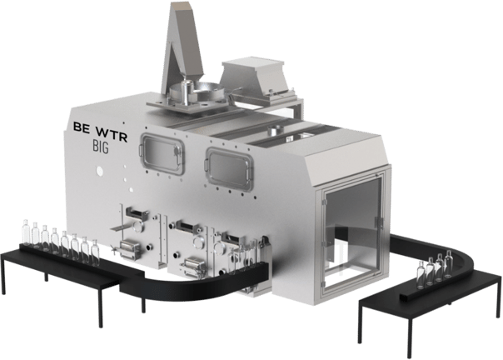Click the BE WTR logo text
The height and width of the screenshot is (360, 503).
(x=101, y=132)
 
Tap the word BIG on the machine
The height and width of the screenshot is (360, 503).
(x=101, y=147)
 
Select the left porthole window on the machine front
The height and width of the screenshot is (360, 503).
(x=162, y=154)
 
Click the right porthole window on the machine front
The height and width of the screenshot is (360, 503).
(x=229, y=169)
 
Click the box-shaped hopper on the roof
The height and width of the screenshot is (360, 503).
(x=255, y=76)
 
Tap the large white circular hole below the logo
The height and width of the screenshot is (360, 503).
(x=100, y=171)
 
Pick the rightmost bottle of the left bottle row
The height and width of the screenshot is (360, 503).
(x=95, y=252)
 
